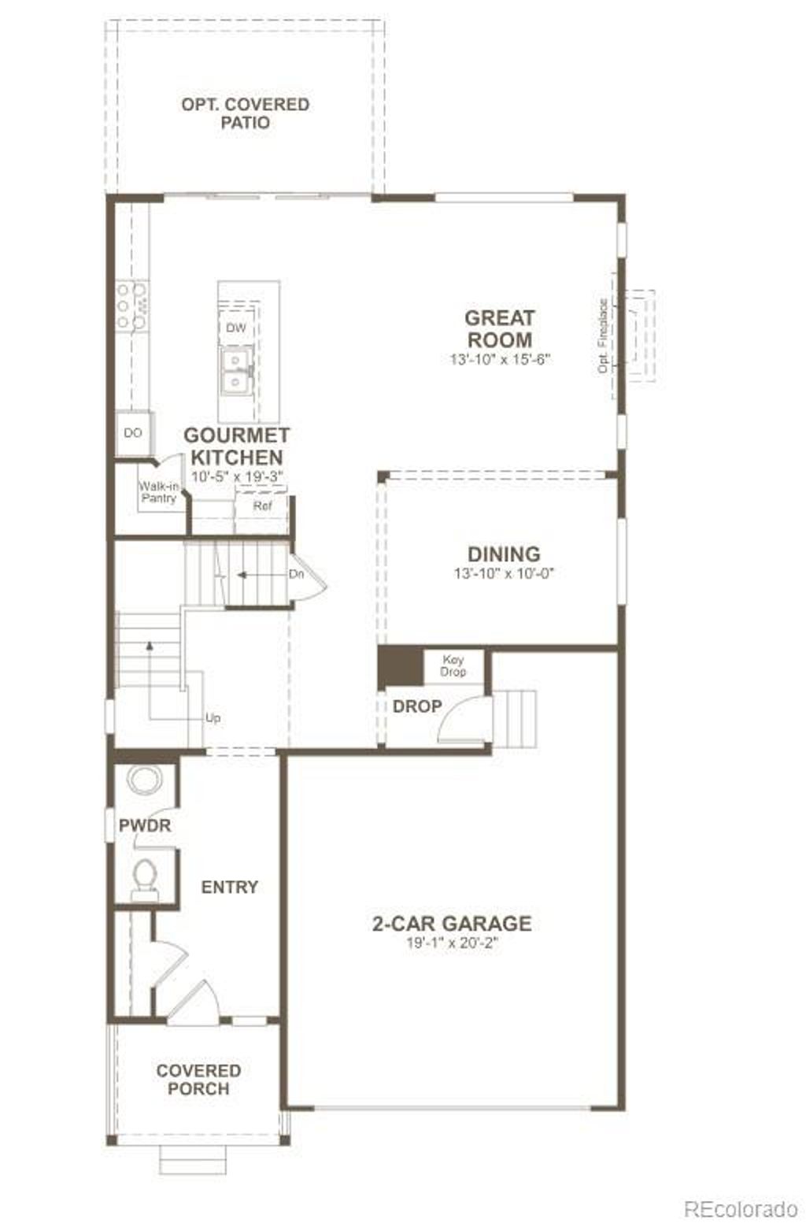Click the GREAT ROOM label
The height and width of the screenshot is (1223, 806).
499,329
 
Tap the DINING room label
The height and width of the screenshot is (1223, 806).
504,554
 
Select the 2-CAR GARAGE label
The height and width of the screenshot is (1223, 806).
451,924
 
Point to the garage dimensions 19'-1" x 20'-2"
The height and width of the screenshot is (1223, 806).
452,943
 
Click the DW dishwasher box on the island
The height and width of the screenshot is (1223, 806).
235,328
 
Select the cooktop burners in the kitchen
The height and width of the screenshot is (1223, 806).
131,306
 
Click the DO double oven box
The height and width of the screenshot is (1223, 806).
133,433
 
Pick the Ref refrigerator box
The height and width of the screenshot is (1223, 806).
262,506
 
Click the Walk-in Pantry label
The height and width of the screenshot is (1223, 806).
159,492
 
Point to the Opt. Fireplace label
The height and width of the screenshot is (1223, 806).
603,335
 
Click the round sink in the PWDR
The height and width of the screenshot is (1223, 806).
144,780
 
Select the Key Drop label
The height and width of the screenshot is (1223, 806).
453,665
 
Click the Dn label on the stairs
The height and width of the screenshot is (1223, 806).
296,574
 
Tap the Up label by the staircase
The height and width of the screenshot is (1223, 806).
213,717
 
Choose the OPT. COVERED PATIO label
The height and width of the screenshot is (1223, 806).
245,113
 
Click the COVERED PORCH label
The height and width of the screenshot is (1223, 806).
198,1080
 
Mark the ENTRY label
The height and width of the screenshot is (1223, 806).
229,887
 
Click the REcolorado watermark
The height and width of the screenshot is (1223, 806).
740,1208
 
